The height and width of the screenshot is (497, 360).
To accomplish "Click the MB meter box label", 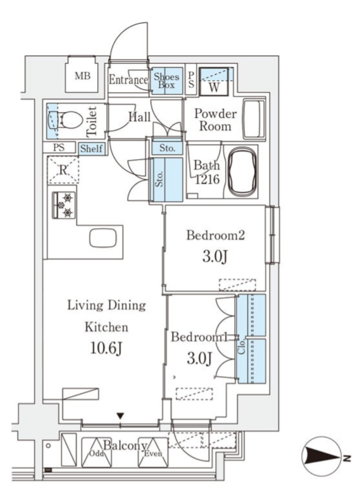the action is coord(82,76).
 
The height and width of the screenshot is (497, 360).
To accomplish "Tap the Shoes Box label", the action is coord(166,80).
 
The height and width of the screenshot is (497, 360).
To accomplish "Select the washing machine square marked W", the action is coord(214,81).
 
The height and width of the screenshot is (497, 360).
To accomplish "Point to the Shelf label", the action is coord(91,148).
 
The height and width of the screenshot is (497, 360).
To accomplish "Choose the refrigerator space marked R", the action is coord(63,170).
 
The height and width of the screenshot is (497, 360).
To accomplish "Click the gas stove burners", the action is coord(64,205).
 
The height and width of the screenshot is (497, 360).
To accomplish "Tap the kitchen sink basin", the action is coord(103,238).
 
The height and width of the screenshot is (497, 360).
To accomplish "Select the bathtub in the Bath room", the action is coord(243,171).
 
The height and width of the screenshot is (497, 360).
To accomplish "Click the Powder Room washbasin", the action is coord(254,119).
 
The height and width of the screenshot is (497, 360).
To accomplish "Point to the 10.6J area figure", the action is coord(106,349).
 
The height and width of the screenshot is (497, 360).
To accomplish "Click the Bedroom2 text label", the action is coord(215,235).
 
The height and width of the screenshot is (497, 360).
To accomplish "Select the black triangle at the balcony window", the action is coord(120,416).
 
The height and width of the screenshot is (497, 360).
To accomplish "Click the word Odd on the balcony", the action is coord(96,454).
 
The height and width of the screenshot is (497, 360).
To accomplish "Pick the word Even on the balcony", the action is coord(153,454).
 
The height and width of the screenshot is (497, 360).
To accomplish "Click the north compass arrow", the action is coord(321,457).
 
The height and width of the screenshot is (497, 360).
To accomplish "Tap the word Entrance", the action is coord(128,79).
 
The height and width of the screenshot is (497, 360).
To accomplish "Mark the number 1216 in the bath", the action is coord(207,179).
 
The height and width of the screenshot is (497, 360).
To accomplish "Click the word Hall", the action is coord(140,117).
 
